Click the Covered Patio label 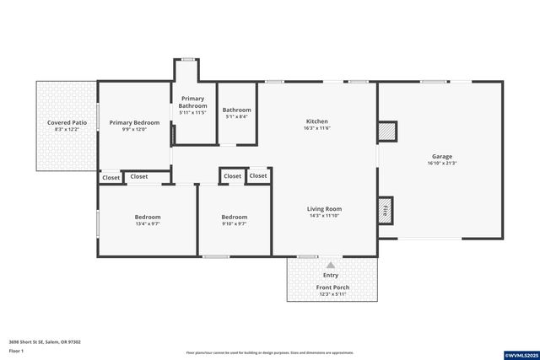pyautogui.click(x=66, y=123)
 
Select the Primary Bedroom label pyautogui.click(x=134, y=123)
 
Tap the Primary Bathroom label pyautogui.click(x=192, y=101)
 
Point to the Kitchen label pyautogui.click(x=316, y=121)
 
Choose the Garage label pyautogui.click(x=442, y=157)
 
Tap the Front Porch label pyautogui.click(x=332, y=287)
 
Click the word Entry pyautogui.click(x=331, y=276)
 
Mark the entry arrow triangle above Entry pyautogui.click(x=331, y=265)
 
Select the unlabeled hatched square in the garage pyautogui.click(x=386, y=132)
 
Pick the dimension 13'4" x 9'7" pyautogui.click(x=148, y=223)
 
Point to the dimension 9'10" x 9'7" pyautogui.click(x=234, y=223)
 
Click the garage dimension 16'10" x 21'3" pyautogui.click(x=442, y=164)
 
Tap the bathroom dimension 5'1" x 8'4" pyautogui.click(x=236, y=116)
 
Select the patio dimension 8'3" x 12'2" pyautogui.click(x=66, y=130)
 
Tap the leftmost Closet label pyautogui.click(x=111, y=178)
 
